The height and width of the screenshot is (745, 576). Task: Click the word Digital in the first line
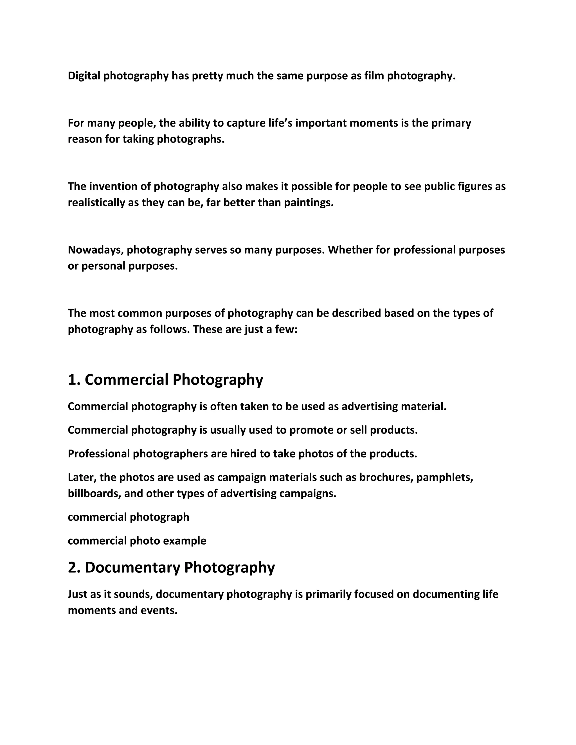point(84,76)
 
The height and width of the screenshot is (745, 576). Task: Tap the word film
point(374,76)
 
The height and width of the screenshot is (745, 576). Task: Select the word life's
point(275,123)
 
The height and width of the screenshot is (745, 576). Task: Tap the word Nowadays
point(96,250)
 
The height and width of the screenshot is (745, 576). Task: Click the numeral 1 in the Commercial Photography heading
point(72,380)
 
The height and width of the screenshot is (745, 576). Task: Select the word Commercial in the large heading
point(127,380)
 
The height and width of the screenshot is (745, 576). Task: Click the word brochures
point(386,477)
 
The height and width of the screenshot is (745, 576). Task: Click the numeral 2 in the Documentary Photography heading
point(72,567)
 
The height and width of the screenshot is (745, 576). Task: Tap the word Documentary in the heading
point(132,567)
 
